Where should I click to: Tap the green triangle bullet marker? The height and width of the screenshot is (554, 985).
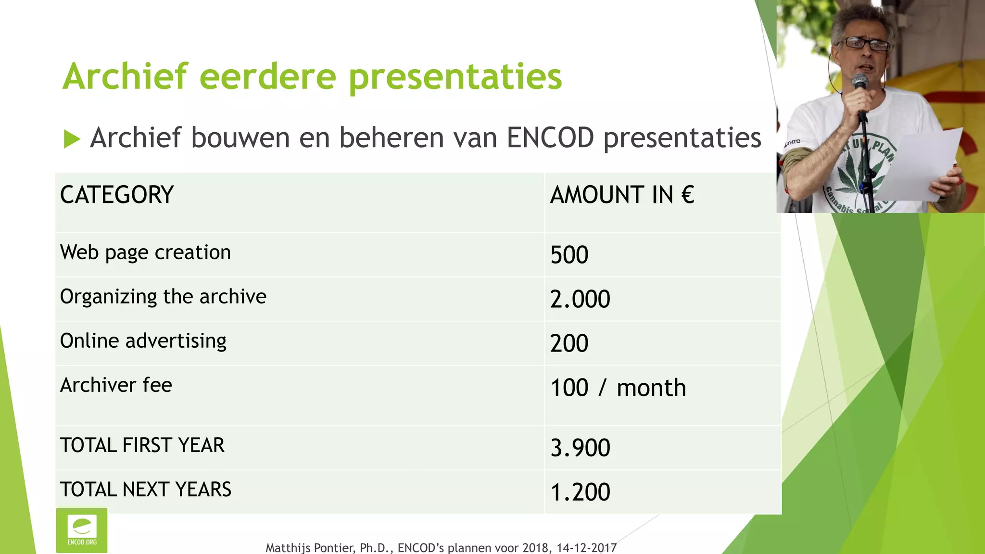point(72,139)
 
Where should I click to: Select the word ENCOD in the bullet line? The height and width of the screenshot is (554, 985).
point(550,138)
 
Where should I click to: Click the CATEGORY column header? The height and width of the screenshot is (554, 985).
point(117,195)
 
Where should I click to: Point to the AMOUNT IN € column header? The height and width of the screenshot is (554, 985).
point(622,195)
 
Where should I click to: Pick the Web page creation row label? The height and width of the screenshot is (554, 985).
point(145,253)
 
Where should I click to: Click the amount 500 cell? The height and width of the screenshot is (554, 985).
point(569,255)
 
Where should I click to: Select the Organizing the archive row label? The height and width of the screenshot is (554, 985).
point(163,297)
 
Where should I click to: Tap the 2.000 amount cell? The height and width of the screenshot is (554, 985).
point(580,299)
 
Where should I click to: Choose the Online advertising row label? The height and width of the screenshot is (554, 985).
point(143,341)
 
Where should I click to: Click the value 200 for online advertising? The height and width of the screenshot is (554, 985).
point(569,343)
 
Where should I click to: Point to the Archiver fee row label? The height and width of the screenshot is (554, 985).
point(116,385)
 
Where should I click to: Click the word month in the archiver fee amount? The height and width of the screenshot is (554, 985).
point(651,388)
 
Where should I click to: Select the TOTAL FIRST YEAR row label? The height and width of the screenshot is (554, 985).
point(142,445)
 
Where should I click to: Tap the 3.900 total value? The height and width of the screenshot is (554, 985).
point(580,448)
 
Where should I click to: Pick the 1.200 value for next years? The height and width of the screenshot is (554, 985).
point(580,492)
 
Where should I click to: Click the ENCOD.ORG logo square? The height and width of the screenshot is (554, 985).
point(82,530)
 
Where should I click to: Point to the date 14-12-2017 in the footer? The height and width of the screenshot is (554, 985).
point(586,548)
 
